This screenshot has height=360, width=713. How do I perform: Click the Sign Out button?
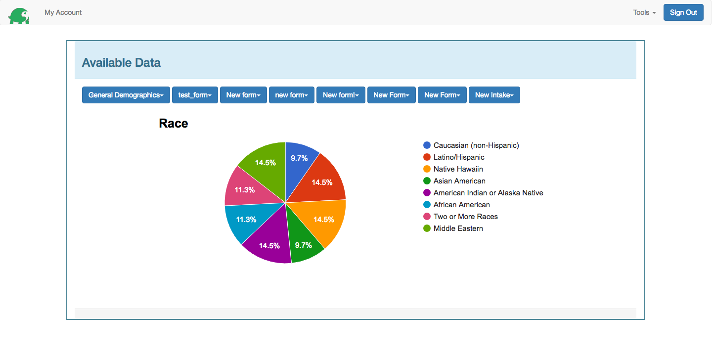[683, 12]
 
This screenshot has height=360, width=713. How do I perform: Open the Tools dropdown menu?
[644, 12]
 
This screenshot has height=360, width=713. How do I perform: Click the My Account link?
[63, 12]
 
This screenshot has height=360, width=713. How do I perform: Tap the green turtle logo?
[19, 15]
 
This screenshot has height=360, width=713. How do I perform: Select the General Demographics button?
[126, 95]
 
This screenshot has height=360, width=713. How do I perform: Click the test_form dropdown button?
[195, 95]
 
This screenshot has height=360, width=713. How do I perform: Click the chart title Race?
[173, 124]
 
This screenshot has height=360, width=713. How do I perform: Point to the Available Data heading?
[121, 63]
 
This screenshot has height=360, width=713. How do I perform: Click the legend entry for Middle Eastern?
[458, 228]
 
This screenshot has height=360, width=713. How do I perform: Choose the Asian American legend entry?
[459, 181]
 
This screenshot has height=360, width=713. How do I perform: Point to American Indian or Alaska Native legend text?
[488, 193]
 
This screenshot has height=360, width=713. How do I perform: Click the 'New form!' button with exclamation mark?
[341, 95]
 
